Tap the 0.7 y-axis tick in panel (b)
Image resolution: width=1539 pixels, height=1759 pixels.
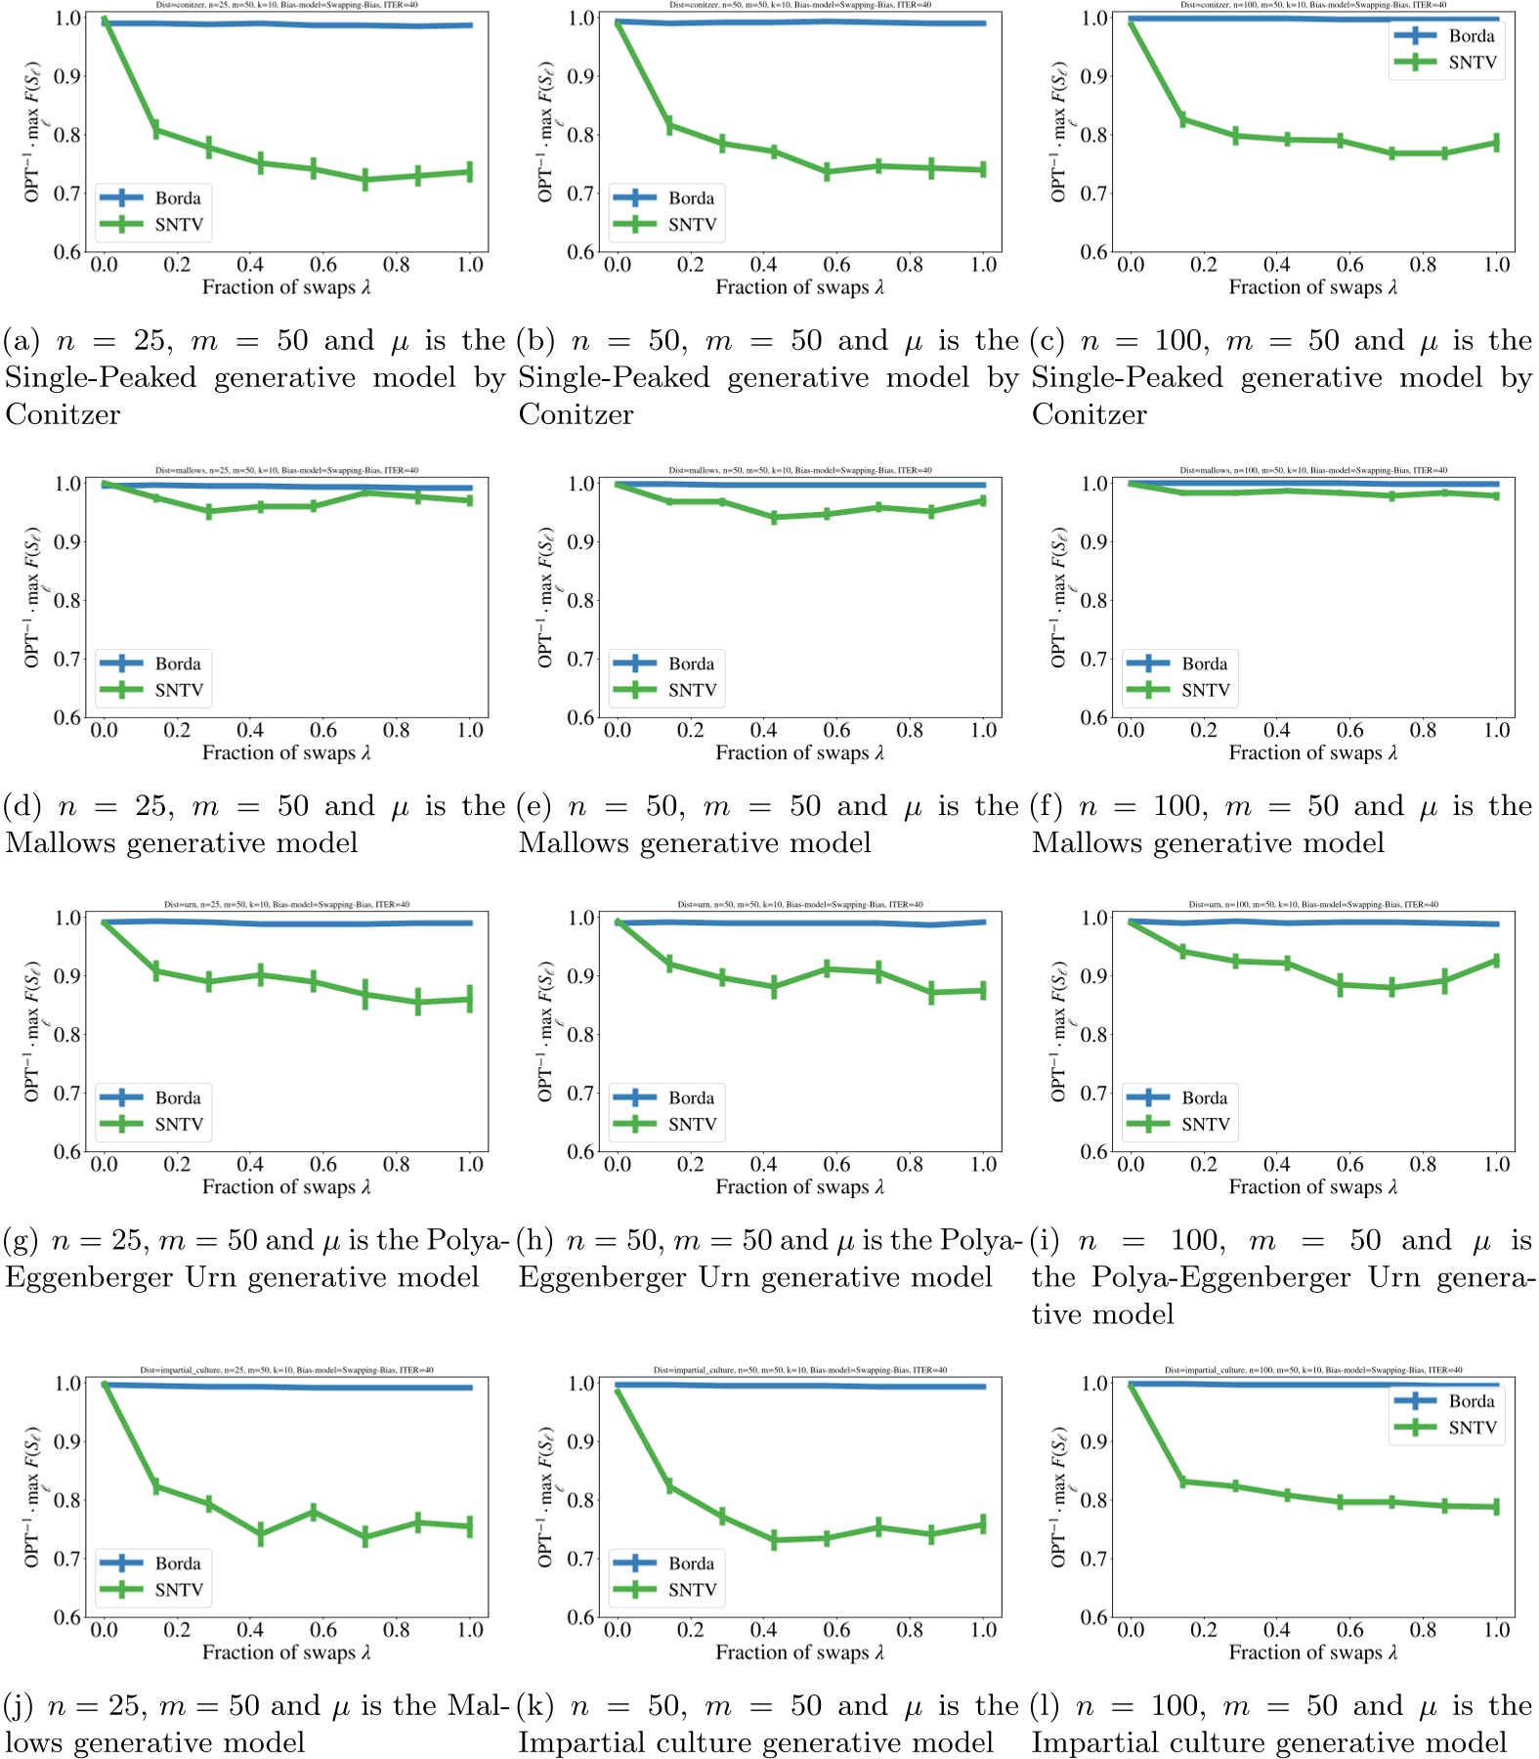(x=580, y=193)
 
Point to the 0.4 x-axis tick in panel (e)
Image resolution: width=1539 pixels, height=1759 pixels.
(x=763, y=731)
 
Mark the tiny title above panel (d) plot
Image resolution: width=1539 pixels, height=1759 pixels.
(x=286, y=470)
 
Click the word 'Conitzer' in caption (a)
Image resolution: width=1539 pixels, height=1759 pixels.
(x=63, y=415)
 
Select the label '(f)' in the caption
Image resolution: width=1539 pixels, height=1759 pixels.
(x=1047, y=807)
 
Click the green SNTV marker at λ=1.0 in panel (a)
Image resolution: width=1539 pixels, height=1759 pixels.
(x=470, y=172)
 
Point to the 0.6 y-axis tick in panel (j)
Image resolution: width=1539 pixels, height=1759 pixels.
(x=67, y=1617)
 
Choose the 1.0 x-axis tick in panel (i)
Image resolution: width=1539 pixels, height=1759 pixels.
(x=1496, y=1165)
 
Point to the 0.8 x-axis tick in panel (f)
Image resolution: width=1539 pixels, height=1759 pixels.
(x=1423, y=731)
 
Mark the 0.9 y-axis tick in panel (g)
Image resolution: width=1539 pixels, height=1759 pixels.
(x=67, y=976)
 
